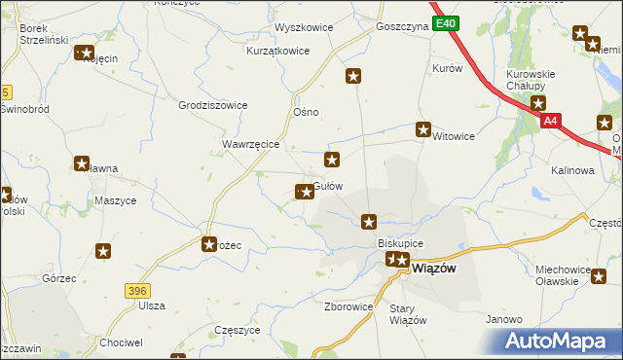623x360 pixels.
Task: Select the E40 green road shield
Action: pos(445,23)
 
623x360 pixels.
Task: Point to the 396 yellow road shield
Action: pos(137,290)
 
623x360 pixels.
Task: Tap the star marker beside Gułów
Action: pos(306,192)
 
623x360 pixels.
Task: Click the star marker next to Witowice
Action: pos(423,128)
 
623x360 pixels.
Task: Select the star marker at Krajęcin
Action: pos(85,54)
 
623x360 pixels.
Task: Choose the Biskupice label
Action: pos(399,243)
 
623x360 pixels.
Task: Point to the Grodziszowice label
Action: pos(213,105)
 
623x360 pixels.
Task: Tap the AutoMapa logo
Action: pos(558,342)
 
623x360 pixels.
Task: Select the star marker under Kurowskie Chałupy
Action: pos(537,102)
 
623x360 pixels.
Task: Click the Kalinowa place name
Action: pos(572,170)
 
